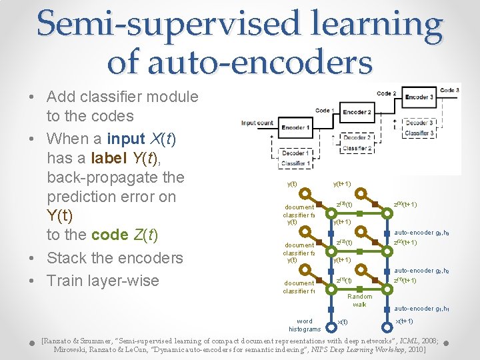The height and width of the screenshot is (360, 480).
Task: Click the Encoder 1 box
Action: point(295,127)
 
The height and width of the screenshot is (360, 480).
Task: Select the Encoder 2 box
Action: point(357,112)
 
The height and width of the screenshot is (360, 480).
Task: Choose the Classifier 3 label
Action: point(419,133)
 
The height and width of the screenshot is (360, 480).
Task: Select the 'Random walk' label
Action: point(360,300)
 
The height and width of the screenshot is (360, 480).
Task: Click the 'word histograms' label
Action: point(304,325)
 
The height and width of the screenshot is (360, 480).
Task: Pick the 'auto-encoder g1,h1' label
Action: point(421,309)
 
